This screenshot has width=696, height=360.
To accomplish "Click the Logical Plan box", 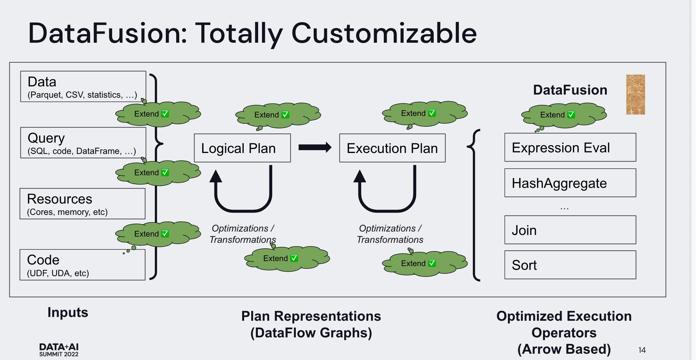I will coord(242,148).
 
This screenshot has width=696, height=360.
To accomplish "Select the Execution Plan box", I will coord(392,148).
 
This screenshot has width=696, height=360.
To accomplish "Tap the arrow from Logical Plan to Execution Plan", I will coord(315,147).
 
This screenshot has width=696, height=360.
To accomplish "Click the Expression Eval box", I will coord(570,147).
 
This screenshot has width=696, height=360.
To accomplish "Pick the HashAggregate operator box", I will coord(570,183).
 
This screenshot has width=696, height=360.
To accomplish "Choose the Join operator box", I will coord(570,230).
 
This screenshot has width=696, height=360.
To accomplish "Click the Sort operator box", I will coord(570,265).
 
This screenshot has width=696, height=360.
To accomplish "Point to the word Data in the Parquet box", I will coord(42,82).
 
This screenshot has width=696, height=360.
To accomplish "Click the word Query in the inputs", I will coord(46,138).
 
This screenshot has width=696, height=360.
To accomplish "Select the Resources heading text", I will coord(60,199).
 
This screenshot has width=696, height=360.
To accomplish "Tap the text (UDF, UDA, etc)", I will coord(58,273).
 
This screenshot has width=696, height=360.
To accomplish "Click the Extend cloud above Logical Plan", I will coord(278,115).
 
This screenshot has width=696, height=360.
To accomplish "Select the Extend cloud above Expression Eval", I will coord(564,115).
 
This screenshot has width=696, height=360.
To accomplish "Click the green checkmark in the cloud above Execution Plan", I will coord(432,113).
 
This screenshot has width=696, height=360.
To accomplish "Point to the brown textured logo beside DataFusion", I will coord(635,95).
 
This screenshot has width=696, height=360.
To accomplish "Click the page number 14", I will coord(642,350).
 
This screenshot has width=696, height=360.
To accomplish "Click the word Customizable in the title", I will coord(384,33).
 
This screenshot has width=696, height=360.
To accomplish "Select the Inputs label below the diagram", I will coord(68,312).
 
